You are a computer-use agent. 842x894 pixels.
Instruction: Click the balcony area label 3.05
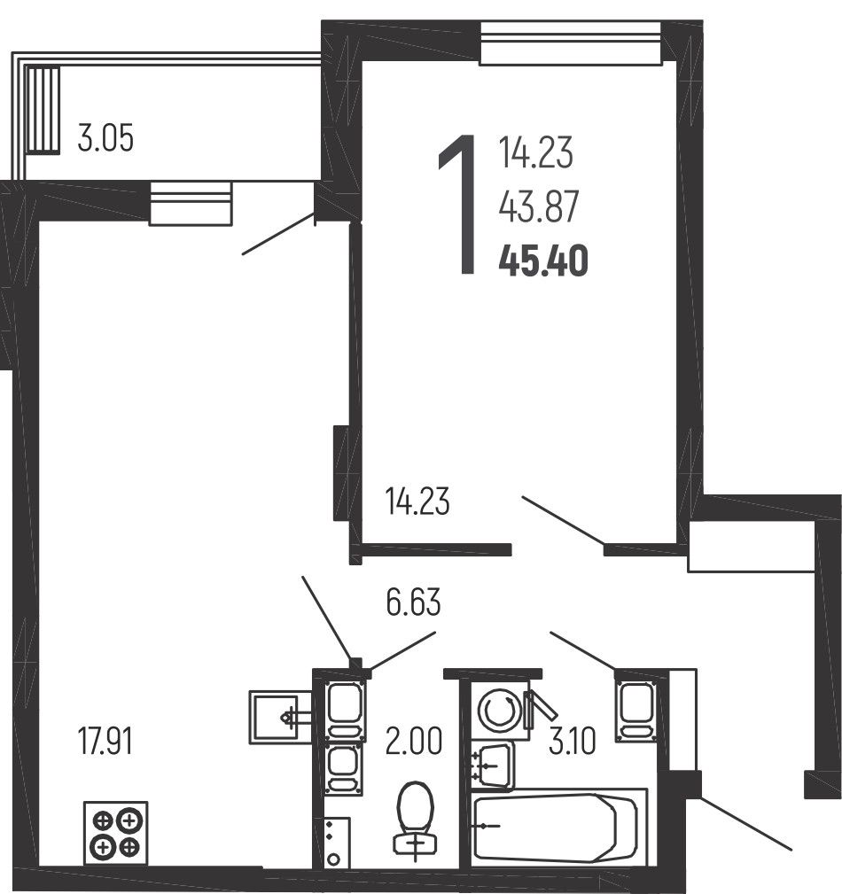[105, 138]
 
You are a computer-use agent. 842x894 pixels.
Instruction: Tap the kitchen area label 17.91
[105, 742]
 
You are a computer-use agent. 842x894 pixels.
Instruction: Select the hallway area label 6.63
[413, 602]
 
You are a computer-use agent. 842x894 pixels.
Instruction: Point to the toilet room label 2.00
[414, 742]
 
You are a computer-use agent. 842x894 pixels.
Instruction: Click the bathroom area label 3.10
[573, 742]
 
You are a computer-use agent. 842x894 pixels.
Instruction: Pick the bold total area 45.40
[543, 261]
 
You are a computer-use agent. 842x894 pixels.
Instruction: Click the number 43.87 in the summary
[539, 206]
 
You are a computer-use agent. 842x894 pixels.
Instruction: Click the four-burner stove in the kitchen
[116, 833]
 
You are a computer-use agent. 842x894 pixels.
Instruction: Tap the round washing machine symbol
[499, 711]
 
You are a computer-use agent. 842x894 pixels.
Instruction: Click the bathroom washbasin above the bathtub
[493, 766]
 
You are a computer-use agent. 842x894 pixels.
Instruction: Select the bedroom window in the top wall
[571, 43]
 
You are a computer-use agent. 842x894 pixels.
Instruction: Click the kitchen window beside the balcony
[191, 204]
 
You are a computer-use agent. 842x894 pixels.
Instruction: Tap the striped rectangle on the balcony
[43, 110]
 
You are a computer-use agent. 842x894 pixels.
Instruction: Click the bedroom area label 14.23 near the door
[417, 501]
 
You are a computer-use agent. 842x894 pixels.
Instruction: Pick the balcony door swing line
[278, 233]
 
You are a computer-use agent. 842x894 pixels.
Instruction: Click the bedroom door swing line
[564, 520]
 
